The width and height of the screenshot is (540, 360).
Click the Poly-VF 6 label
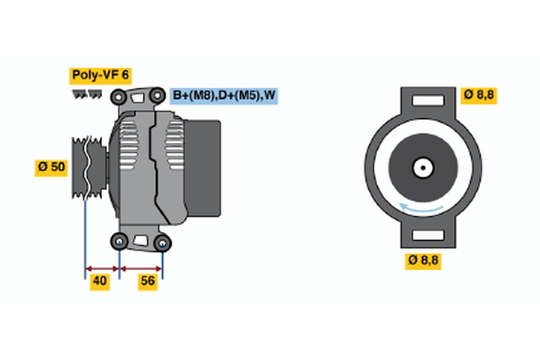[100, 75]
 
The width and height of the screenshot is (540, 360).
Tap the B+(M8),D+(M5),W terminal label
[223, 94]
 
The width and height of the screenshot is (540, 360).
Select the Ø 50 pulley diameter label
[51, 167]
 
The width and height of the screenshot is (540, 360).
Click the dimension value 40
[101, 282]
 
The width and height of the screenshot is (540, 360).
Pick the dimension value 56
[148, 282]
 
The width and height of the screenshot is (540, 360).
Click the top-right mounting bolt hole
[159, 94]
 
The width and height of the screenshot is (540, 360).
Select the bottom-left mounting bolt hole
[120, 240]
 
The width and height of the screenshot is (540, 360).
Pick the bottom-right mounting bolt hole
[162, 241]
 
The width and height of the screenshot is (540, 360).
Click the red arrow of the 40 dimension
[102, 267]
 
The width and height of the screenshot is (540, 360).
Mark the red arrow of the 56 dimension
[141, 267]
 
